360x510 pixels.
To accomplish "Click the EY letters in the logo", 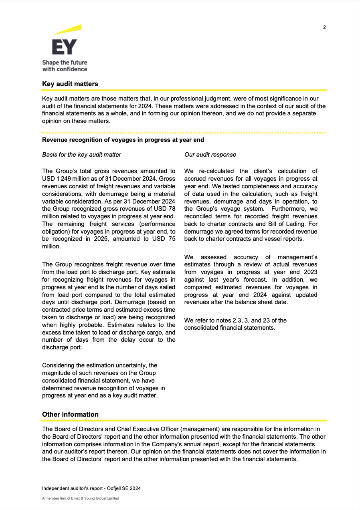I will pos(64,47).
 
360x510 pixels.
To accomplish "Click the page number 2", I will pos(324,27).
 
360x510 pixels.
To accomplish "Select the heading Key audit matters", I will pos(70,84).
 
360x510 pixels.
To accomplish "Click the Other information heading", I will pos(70,414).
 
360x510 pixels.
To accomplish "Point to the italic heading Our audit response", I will pos(210,155).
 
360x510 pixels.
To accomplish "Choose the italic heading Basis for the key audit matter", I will pos(81,155).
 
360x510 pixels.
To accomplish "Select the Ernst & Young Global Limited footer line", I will pos(81,498).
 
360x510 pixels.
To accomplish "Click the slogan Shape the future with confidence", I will pos(65,66).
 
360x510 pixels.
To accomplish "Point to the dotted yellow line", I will pos(184,133).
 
